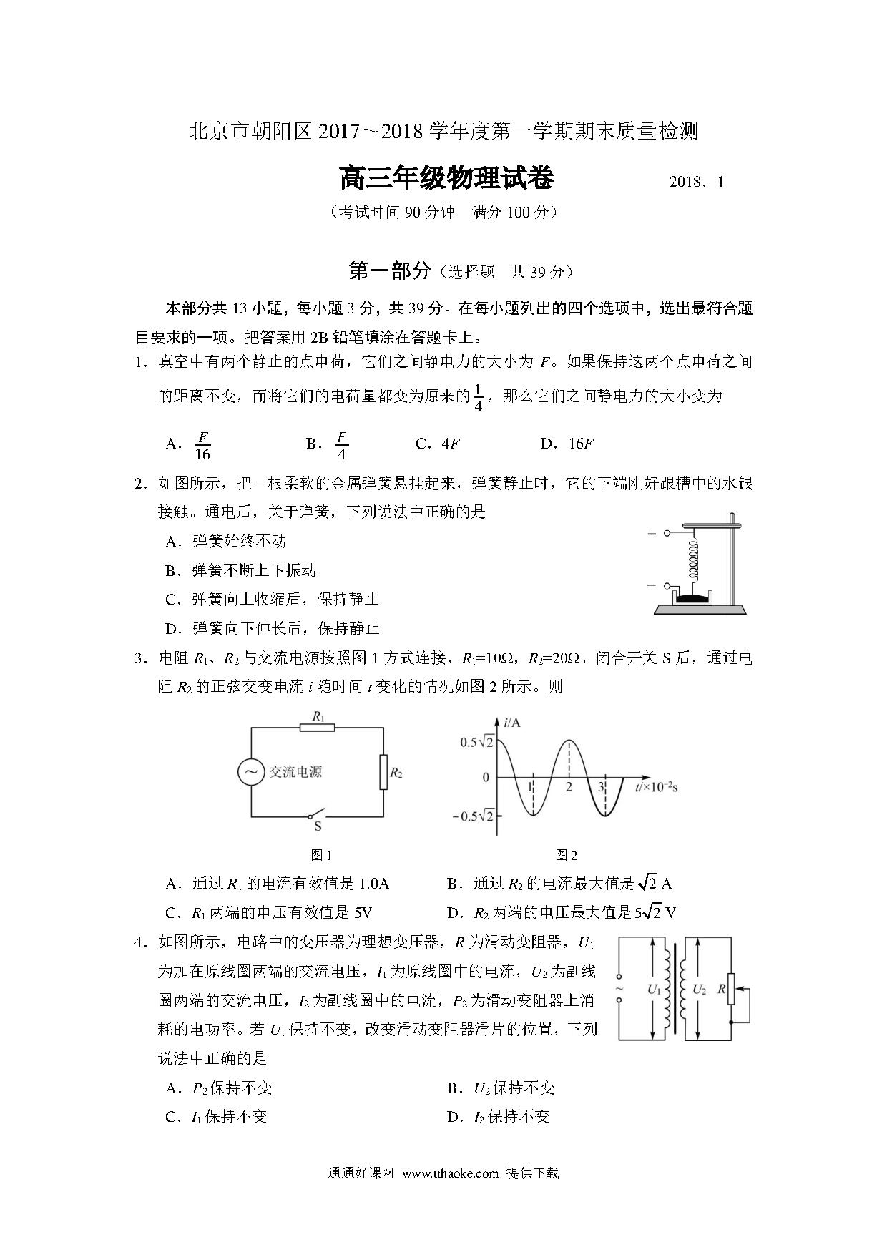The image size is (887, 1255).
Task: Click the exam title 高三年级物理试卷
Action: point(446,179)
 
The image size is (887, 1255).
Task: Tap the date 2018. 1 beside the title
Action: point(696,182)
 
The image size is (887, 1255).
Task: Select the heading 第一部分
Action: point(389,271)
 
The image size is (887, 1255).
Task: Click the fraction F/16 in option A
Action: point(202,445)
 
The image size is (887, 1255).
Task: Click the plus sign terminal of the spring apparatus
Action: point(652,534)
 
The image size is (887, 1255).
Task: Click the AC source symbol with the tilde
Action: point(251,772)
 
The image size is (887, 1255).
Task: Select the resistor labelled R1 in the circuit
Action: point(317,727)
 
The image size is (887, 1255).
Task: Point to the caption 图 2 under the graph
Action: point(566,855)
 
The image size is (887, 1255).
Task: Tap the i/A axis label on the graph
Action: point(511,723)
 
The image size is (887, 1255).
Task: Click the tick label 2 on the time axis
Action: point(569,787)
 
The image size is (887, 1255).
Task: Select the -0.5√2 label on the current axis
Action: point(474,816)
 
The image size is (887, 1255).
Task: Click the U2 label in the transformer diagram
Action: point(699,990)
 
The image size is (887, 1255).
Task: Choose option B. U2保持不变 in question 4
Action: point(501,1088)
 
